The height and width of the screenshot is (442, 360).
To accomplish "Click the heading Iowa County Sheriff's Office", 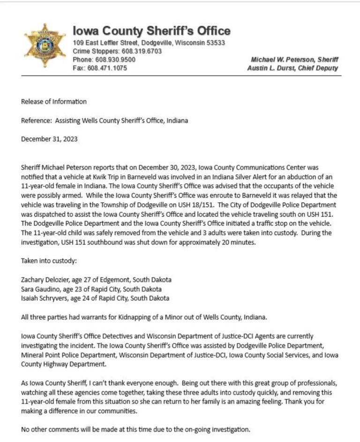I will [x=151, y=31].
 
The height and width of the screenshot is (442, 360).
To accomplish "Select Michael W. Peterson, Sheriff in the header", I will [x=294, y=60].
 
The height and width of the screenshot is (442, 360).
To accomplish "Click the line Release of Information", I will [x=54, y=101].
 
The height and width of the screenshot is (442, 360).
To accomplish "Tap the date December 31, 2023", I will [x=49, y=139].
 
